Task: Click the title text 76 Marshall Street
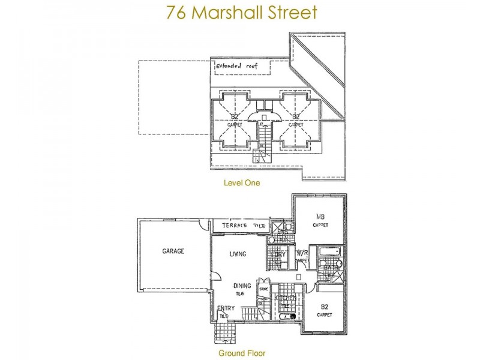240,13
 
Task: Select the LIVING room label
238,254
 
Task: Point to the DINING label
242,286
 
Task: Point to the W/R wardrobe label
301,253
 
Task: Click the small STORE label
263,289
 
